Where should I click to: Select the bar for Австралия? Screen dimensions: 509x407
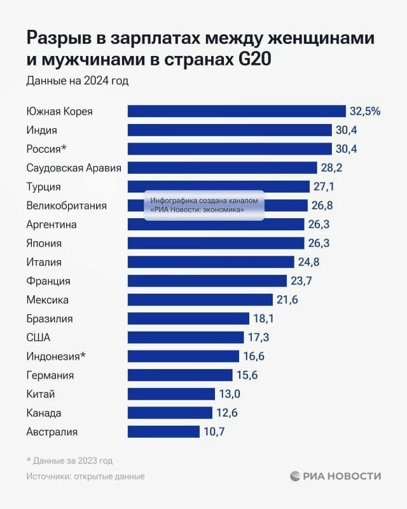tap(163, 432)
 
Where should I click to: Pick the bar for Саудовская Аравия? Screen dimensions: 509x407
tap(222, 168)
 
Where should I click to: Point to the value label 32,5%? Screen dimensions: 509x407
tap(364, 111)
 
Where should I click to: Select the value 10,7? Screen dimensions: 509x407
tap(214, 432)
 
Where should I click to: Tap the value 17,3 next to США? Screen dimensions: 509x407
tap(259, 337)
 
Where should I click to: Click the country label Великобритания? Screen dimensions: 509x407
tap(66, 206)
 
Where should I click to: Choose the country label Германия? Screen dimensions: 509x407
tap(50, 375)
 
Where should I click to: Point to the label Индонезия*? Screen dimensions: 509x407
tap(56, 356)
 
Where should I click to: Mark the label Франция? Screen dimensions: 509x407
tap(48, 281)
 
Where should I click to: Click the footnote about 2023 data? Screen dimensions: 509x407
tap(70, 461)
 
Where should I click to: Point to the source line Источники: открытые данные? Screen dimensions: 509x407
tap(85, 476)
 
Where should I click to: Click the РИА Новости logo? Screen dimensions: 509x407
tap(335, 476)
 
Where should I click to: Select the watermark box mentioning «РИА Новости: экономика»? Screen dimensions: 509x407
tap(204, 206)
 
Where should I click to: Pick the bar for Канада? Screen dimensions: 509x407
tap(170, 413)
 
